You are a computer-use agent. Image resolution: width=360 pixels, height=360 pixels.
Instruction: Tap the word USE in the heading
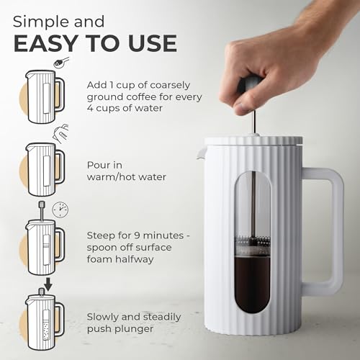pos(148,42)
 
